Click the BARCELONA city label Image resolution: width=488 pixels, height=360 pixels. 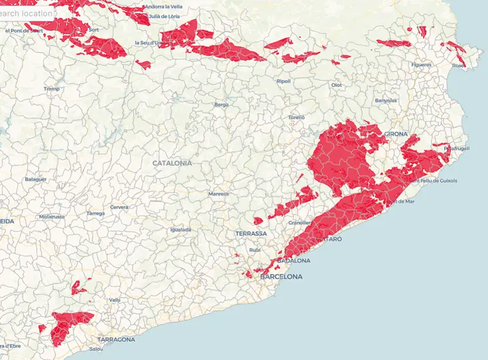click(281, 277)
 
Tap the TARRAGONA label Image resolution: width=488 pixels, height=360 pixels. click(116, 340)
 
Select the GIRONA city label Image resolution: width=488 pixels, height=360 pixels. click(396, 134)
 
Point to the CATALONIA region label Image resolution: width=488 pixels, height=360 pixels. click(172, 163)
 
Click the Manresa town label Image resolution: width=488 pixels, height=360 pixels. click(219, 194)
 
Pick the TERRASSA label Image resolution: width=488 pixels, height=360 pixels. click(251, 234)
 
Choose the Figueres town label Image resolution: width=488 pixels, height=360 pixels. click(421, 65)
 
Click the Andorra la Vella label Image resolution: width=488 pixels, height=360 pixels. click(163, 7)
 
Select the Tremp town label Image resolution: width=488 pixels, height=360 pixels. click(51, 89)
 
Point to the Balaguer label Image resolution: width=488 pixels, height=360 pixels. click(36, 179)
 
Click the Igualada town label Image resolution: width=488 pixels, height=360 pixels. click(180, 230)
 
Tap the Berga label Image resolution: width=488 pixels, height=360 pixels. click(221, 105)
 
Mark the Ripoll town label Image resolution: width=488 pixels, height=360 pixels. click(284, 81)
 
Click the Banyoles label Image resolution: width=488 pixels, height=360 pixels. click(386, 100)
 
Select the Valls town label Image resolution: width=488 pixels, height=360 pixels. click(114, 300)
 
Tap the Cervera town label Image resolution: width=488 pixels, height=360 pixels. click(119, 207)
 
